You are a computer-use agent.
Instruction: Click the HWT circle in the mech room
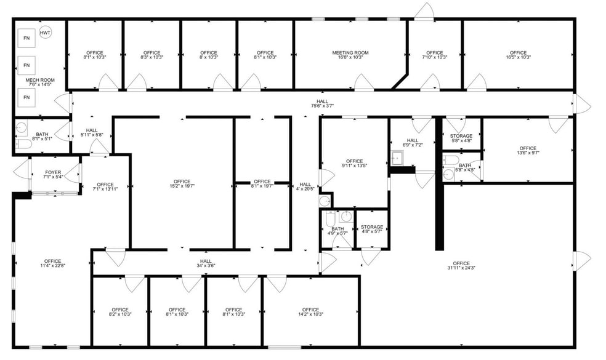coord(45,32)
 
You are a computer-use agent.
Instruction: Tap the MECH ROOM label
coord(40,80)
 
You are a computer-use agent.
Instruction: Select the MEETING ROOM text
coord(350,53)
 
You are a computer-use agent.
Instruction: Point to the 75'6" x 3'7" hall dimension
coord(323,106)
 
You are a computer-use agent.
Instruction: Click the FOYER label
coord(53,172)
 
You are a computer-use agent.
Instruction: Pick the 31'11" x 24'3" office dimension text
coord(461,268)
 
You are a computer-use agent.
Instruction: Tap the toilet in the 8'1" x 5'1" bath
coord(20,144)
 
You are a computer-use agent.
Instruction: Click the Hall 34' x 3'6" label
coord(206,265)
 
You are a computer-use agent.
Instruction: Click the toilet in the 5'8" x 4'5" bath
coord(449,161)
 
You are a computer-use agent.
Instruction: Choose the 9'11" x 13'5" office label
coord(354,166)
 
